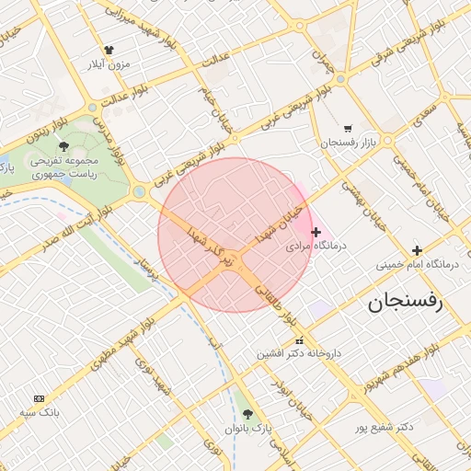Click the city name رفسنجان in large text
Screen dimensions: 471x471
(x=405, y=303)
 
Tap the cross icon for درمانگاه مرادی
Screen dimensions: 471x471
(x=316, y=231)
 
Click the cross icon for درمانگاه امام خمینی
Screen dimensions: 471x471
(x=417, y=250)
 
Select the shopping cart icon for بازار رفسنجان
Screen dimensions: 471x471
(x=347, y=129)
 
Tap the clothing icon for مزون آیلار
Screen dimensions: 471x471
(x=109, y=51)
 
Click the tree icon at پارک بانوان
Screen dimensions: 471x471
(x=247, y=414)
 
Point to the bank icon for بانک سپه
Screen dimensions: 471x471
(x=39, y=398)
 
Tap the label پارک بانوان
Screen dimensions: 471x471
(x=247, y=429)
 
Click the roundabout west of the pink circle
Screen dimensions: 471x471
(x=140, y=191)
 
